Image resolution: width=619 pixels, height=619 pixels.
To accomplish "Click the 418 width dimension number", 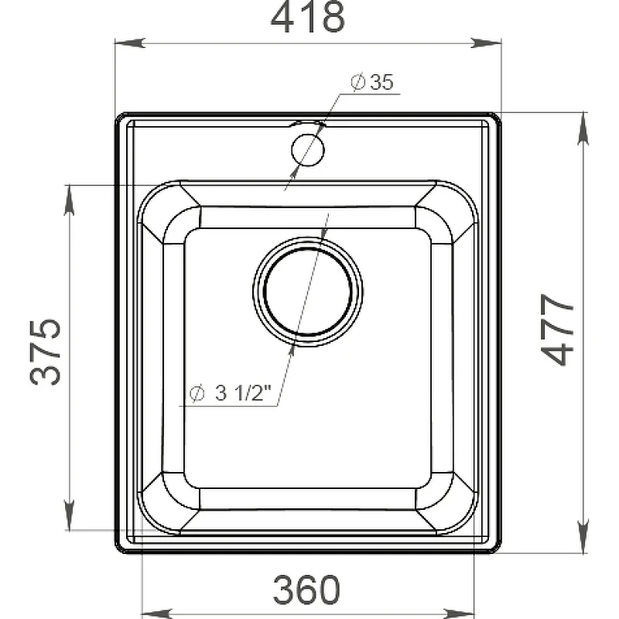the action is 307,18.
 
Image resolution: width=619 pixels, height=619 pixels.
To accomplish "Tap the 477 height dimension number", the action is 556,330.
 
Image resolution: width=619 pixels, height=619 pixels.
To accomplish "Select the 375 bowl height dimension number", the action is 46,352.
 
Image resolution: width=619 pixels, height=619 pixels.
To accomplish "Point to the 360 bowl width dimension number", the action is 306,590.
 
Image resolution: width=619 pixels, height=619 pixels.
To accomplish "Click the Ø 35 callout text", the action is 372,82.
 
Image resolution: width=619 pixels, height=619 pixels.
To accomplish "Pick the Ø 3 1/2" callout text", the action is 231,393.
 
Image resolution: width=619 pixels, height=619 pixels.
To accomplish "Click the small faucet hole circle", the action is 307,150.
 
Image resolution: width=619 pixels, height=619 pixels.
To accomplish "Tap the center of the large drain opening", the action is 307,292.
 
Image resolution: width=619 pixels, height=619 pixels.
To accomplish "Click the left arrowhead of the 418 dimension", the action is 130,43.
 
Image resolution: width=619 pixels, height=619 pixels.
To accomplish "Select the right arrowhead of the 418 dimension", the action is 486,43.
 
